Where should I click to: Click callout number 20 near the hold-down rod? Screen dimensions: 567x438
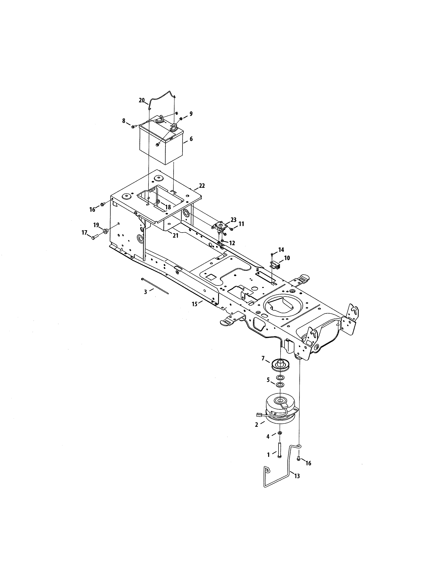pos(141,100)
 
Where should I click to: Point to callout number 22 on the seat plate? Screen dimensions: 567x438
pos(202,186)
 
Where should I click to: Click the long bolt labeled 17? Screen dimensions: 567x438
pos(95,237)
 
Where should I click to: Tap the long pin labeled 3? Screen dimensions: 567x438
pos(155,286)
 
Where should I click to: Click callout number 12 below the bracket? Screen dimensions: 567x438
pos(232,243)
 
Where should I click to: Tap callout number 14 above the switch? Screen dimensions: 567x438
pos(281,250)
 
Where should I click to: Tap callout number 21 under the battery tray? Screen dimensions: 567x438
pos(176,236)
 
